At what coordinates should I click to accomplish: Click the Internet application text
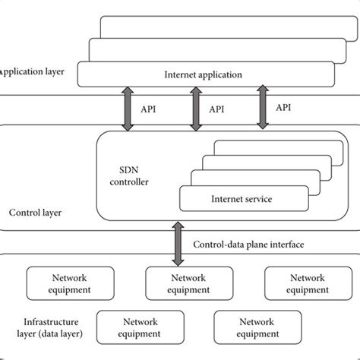click(x=203, y=75)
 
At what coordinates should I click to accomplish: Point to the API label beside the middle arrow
click(x=217, y=109)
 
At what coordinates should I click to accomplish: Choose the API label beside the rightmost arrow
click(x=283, y=108)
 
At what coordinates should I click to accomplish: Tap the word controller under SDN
click(x=134, y=182)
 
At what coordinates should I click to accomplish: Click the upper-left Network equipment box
click(x=70, y=283)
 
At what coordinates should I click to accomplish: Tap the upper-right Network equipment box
click(x=307, y=283)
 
